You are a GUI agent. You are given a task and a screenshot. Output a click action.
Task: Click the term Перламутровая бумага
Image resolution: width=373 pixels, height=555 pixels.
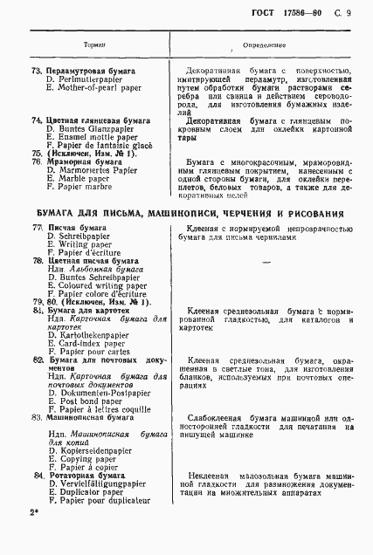point(90,70)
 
